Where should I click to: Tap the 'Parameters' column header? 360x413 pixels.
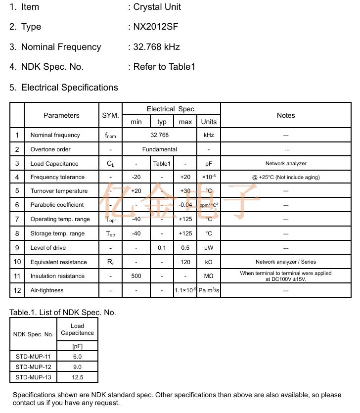61,115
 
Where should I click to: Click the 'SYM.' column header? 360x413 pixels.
110,115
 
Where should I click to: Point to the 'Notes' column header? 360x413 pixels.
286,115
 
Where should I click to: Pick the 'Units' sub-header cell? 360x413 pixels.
209,122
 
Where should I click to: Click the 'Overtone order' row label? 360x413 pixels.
50,149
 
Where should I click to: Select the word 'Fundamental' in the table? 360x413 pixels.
159,149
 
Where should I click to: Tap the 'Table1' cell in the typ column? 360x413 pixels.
162,164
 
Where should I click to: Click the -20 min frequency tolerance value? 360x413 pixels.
136,177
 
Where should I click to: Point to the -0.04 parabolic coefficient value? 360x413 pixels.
185,205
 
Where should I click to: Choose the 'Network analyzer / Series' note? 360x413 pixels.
286,262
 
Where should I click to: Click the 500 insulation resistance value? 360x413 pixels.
136,276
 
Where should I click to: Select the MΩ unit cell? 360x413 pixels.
209,276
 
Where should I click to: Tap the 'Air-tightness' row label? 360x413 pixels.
47,290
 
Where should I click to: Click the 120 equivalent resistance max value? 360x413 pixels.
185,262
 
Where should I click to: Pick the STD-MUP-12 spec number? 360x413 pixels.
33,367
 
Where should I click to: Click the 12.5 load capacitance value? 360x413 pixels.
77,377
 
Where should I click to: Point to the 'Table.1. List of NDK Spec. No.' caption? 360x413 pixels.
63,313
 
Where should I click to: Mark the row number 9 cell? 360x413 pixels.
17,248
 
